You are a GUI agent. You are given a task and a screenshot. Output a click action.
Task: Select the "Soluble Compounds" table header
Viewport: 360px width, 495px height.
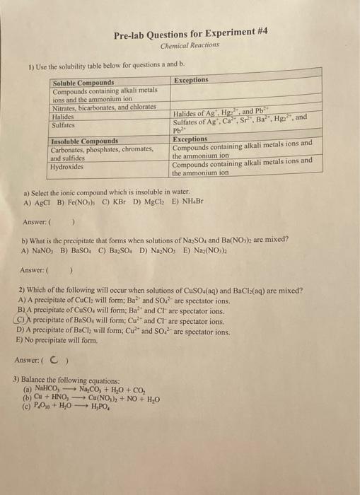(x=83, y=83)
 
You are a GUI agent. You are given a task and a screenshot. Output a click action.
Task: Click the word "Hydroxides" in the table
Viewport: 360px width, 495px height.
(x=68, y=167)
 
